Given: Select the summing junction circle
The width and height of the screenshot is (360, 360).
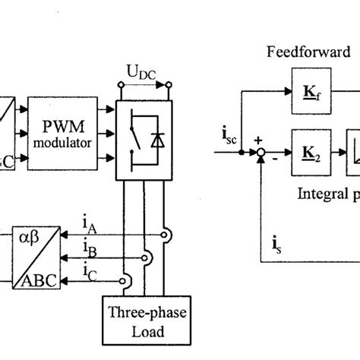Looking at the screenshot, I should click(259, 153).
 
